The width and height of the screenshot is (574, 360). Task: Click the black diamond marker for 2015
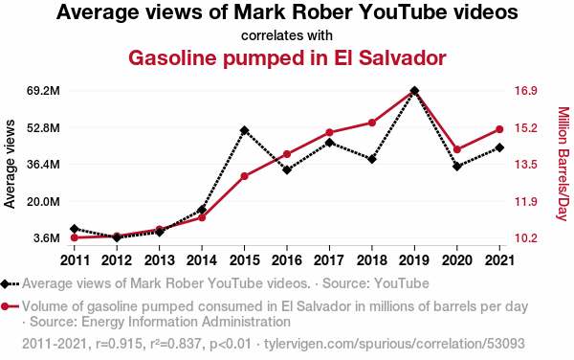point(245,130)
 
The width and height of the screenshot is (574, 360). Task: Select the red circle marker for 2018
point(372,123)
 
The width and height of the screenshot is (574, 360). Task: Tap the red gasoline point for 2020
point(457,149)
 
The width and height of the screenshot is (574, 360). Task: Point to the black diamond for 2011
point(75,229)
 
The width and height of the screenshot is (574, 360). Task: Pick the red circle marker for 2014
point(202,217)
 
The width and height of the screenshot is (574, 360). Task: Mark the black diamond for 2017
point(329,143)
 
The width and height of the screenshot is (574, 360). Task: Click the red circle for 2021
point(499,129)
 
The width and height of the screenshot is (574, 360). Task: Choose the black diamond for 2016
point(287,169)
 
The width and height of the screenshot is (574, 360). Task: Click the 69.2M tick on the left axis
point(43,90)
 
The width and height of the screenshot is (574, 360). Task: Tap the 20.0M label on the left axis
point(43,201)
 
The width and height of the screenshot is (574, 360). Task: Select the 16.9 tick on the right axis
point(525,90)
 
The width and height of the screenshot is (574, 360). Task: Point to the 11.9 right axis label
point(525,201)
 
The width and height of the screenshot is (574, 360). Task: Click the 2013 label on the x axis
point(159,260)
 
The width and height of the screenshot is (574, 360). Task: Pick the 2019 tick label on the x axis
point(414,260)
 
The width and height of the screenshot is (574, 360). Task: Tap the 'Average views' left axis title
point(10,164)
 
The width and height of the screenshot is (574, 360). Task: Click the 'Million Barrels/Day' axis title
point(563,164)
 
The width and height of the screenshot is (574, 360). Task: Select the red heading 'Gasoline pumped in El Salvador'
point(287,57)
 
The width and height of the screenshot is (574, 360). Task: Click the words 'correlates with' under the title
point(287,35)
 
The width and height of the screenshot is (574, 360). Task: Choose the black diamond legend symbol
point(5,283)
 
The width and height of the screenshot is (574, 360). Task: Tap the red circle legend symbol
point(5,306)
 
